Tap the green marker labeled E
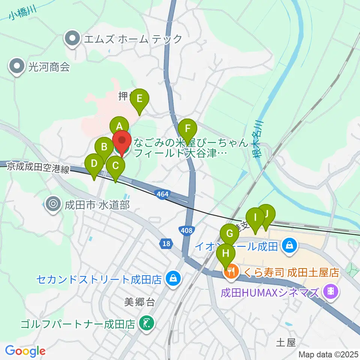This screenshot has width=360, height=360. [x=139, y=99]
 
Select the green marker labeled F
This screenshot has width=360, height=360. [x=187, y=129]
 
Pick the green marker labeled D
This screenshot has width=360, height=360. [x=94, y=164]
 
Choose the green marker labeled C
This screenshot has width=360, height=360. [x=115, y=166]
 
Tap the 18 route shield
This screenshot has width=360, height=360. [x=166, y=244]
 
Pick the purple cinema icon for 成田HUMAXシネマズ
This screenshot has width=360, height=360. [x=331, y=290]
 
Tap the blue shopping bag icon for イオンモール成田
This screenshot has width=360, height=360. [x=289, y=246]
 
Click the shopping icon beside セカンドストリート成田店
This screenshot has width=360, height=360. [x=173, y=279]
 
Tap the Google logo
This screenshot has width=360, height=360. [x=25, y=351]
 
